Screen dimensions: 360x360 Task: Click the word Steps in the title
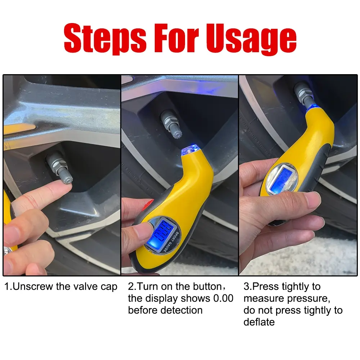(105, 38)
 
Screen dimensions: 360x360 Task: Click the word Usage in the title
(251, 39)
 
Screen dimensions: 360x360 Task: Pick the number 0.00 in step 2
(223, 298)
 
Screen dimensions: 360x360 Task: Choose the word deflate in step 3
(259, 322)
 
